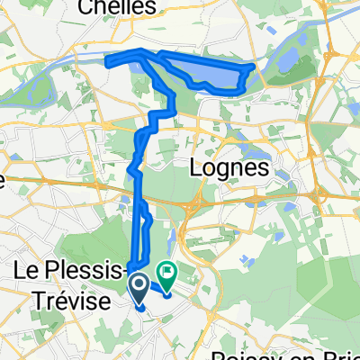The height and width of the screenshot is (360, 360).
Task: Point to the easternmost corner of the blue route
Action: [x=253, y=66]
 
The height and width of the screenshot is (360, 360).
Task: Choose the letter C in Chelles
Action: [x=112, y=7]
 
